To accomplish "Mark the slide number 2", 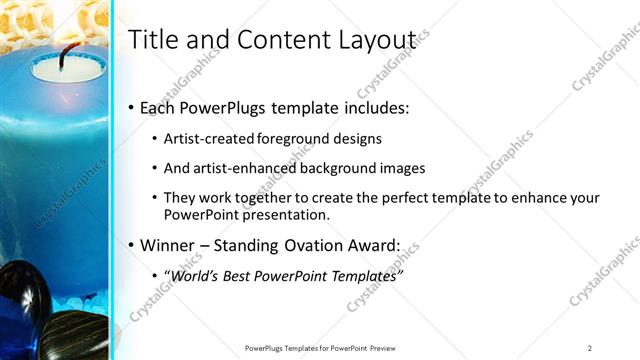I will pos(590,348).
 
